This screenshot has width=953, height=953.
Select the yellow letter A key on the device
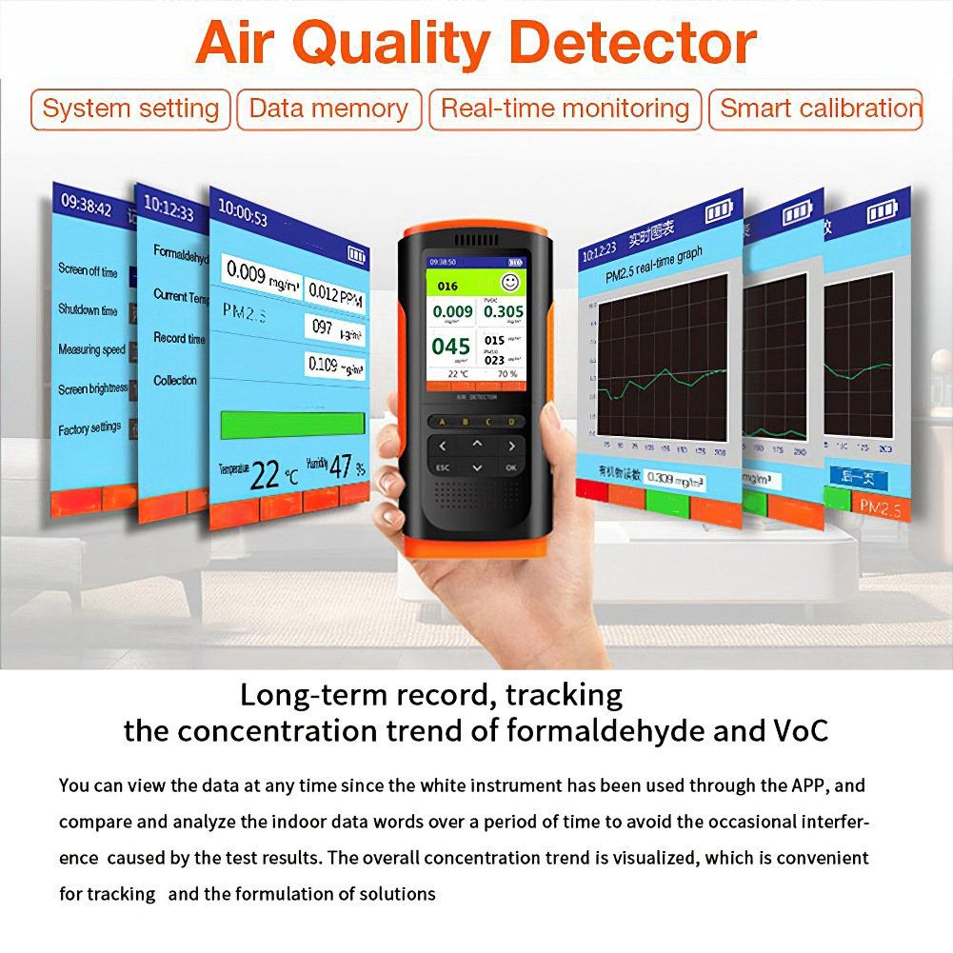[x=440, y=421]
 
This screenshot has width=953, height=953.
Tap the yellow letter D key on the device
[x=511, y=421]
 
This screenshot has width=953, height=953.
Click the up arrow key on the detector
[x=477, y=444]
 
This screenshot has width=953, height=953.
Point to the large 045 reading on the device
[x=451, y=347]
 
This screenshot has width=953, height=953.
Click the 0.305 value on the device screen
[x=503, y=311]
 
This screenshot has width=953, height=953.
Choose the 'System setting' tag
[x=130, y=109]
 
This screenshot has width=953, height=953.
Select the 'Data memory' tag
[x=328, y=109]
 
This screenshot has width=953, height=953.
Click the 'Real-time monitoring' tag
[x=565, y=109]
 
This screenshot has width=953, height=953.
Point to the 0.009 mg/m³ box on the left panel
[x=260, y=273]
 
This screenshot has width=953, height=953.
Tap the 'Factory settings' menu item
[x=89, y=429]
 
